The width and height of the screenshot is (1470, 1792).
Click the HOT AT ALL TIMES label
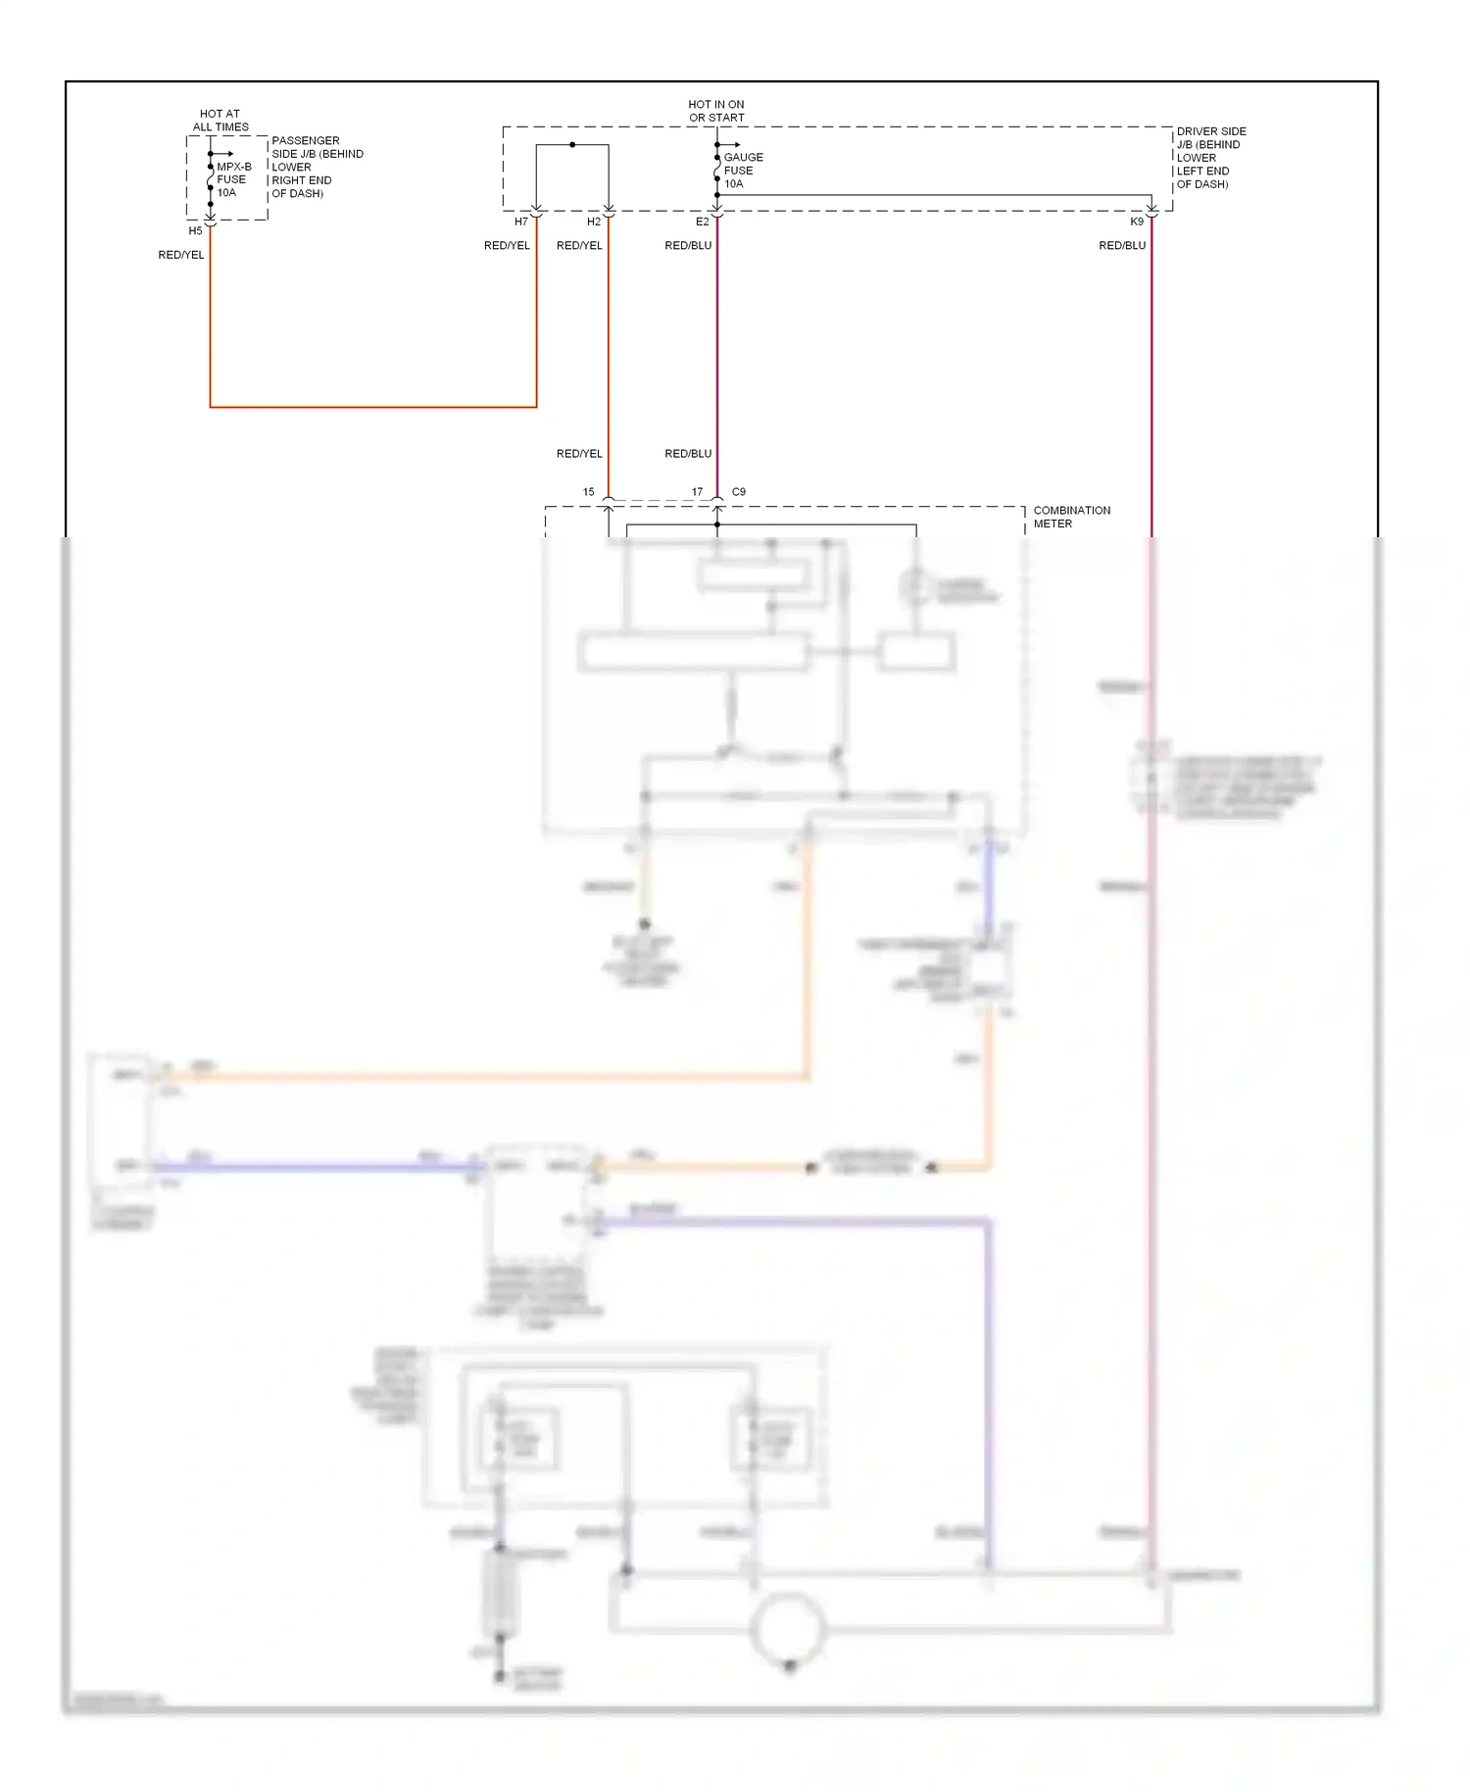click(x=220, y=120)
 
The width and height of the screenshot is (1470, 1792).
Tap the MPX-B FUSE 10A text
click(x=233, y=179)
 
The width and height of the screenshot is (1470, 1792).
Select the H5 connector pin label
click(x=195, y=231)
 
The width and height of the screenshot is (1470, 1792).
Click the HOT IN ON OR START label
click(x=716, y=111)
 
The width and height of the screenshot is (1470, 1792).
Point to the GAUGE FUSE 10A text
click(x=743, y=171)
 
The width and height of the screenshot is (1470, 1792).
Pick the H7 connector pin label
click(x=521, y=222)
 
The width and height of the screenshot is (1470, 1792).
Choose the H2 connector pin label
click(x=594, y=222)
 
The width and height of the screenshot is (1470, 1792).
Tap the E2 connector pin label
click(x=702, y=222)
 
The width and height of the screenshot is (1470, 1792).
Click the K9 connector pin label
click(x=1137, y=222)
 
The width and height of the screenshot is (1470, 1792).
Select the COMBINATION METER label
click(x=1071, y=517)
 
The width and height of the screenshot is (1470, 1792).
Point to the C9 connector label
click(x=739, y=492)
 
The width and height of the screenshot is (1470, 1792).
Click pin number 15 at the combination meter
click(x=588, y=492)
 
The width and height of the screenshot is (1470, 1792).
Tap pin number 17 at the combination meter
click(x=697, y=492)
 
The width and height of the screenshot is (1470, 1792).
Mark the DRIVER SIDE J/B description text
click(x=1210, y=157)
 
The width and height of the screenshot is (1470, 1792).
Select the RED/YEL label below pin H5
click(x=181, y=255)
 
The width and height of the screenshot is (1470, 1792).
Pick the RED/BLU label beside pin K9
click(x=1122, y=245)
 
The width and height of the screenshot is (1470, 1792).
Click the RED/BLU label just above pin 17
click(x=688, y=454)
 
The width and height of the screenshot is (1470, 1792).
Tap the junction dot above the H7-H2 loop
click(x=572, y=145)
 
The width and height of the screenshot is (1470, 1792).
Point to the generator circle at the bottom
click(x=788, y=1627)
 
